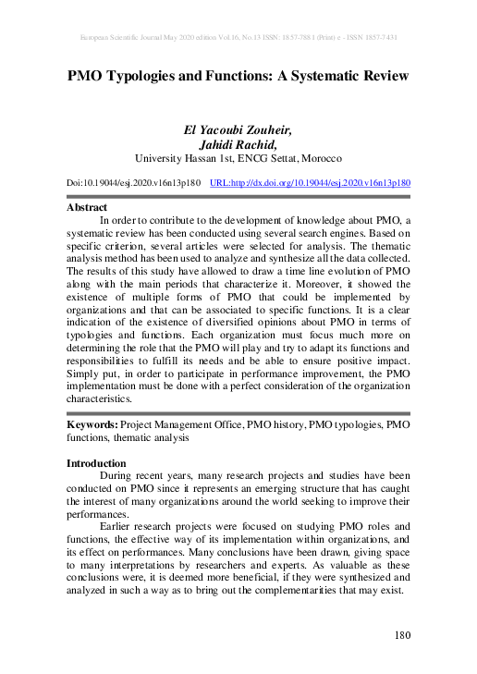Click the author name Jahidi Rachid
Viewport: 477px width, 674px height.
[x=238, y=144]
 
